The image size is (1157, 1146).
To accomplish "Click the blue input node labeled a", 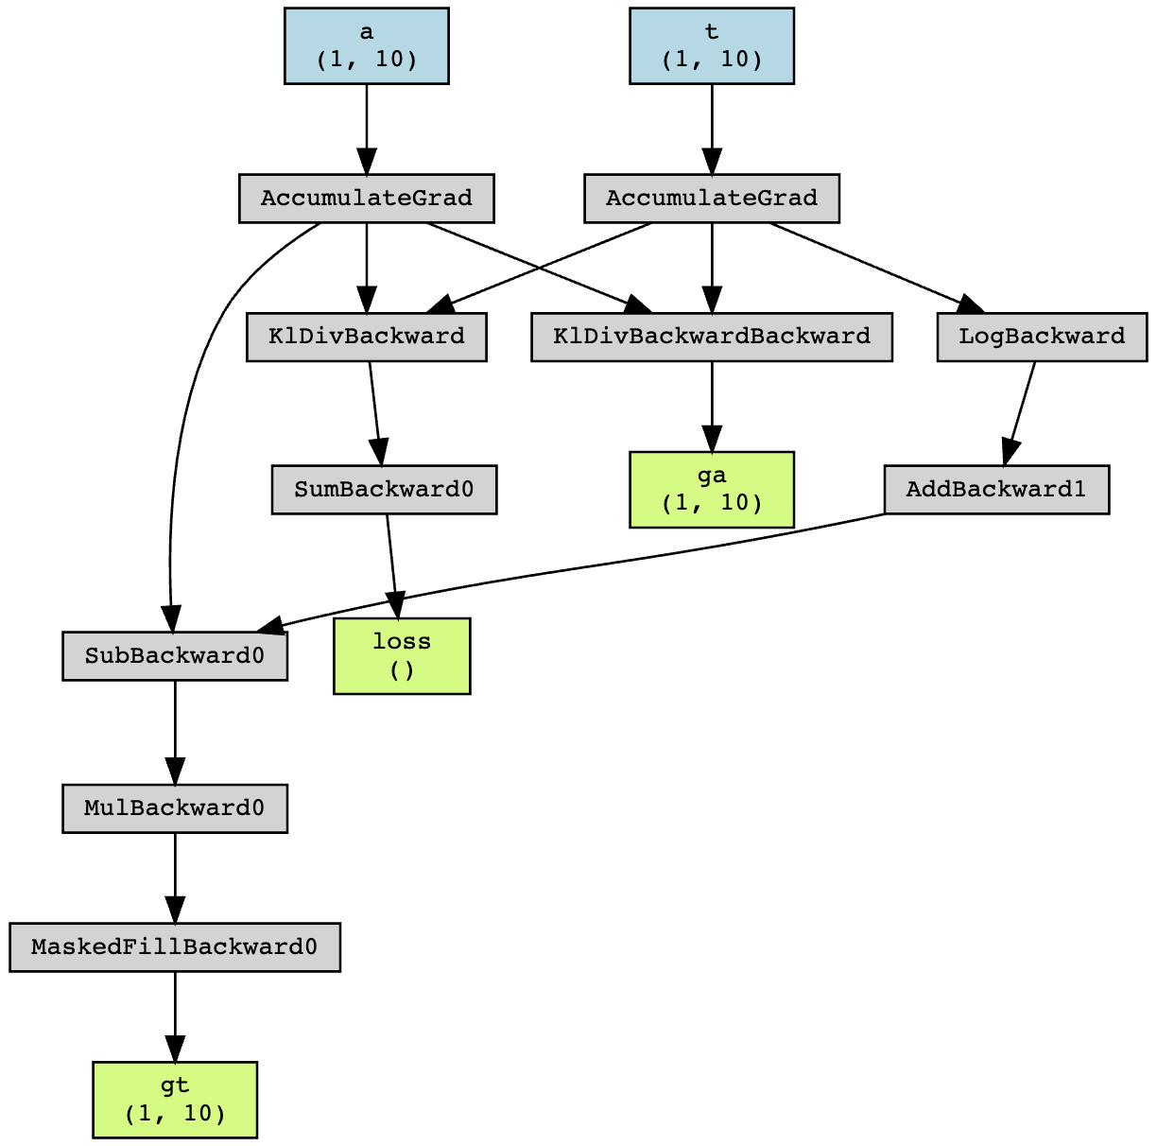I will coord(366,46).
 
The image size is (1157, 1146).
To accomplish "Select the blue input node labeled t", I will coord(711,46).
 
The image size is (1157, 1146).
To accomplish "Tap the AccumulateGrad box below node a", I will coord(366,199).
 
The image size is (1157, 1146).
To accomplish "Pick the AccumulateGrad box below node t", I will coord(711,199).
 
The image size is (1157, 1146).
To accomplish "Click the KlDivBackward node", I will coord(366,337).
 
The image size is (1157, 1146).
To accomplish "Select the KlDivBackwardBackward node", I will coord(711,337).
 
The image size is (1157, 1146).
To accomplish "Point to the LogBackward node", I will coord(1041,337).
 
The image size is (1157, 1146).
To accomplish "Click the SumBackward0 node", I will coord(384,490).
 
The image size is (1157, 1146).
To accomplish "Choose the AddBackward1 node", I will coord(995,490).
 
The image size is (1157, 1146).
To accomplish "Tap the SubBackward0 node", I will coord(174,656).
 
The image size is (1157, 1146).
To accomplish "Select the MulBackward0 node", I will coord(174,808).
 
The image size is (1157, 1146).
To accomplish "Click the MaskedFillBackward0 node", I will coord(174,946).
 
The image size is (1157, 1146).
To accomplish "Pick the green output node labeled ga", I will coord(711,490).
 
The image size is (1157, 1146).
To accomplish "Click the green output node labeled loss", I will coord(402,656).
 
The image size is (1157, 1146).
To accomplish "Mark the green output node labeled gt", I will coord(174,1100).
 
